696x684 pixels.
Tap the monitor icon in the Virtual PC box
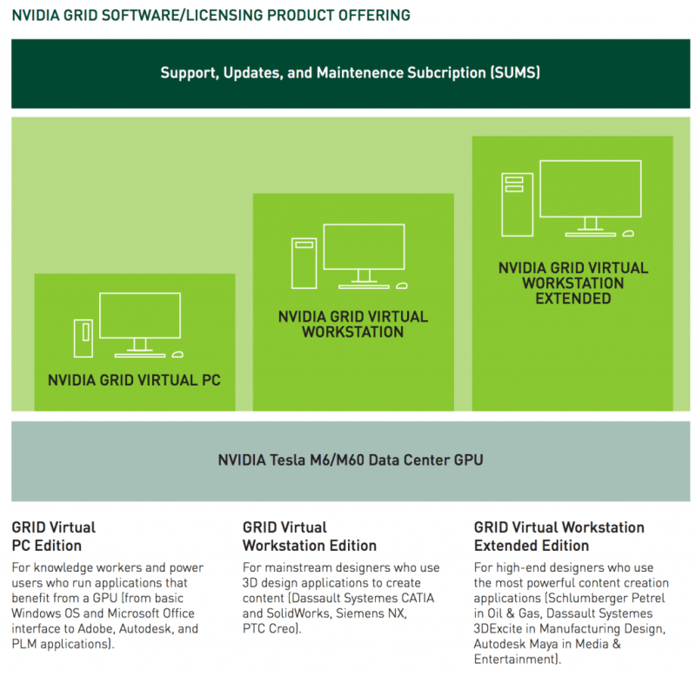tap(140, 319)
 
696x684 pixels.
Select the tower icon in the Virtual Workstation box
tap(304, 262)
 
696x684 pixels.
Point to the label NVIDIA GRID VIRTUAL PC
tap(134, 380)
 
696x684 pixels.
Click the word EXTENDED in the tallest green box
tap(572, 298)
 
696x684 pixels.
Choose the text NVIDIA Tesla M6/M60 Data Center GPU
tap(351, 459)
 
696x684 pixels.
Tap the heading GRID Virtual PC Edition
tap(53, 536)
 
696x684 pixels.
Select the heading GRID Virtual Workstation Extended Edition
tap(559, 536)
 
